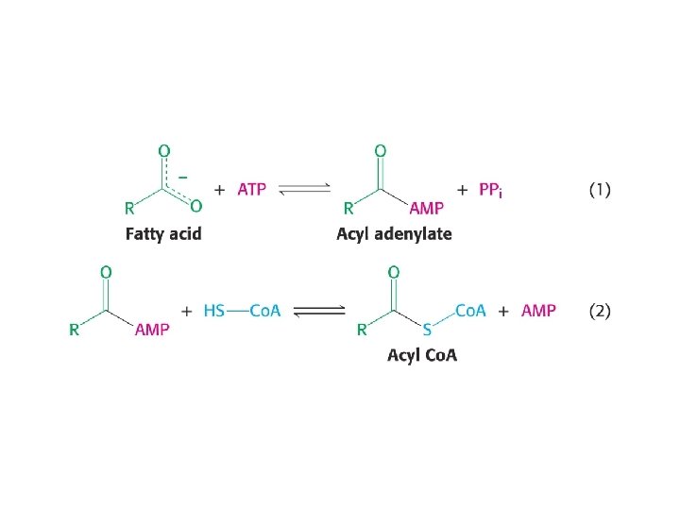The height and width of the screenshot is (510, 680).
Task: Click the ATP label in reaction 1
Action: tap(251, 189)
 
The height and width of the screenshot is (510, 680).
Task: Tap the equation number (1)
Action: tap(600, 190)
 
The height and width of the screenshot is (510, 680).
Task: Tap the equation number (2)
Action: tap(600, 310)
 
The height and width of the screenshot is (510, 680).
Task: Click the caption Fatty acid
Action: tap(163, 233)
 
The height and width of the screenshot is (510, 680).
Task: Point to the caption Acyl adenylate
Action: tap(394, 233)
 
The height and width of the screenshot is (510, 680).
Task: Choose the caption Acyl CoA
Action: tap(421, 355)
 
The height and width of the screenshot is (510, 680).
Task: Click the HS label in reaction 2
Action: tap(214, 311)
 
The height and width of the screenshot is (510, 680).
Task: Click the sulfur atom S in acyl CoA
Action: tap(427, 330)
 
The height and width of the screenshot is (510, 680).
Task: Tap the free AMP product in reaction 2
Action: tap(538, 310)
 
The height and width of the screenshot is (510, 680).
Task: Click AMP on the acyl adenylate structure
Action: tap(426, 208)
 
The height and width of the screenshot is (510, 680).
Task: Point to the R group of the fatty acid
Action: tap(129, 208)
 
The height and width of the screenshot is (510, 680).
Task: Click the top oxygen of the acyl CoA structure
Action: tap(393, 272)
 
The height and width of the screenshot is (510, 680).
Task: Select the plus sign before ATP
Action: tap(219, 189)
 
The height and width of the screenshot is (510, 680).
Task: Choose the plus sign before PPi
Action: tap(462, 190)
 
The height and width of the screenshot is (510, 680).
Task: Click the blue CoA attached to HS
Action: tap(265, 311)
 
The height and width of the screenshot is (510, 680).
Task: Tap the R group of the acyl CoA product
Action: tap(362, 330)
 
